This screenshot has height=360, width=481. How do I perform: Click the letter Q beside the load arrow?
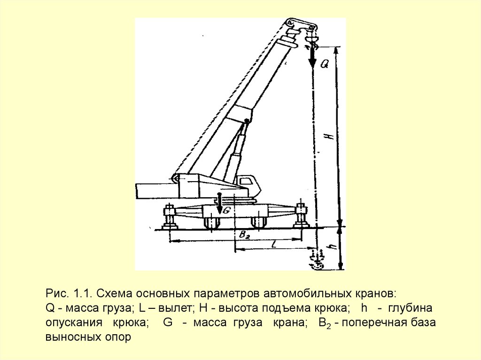[x=325, y=63]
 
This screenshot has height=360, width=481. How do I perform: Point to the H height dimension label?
[x=329, y=135]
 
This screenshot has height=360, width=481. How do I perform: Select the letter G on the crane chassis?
[x=227, y=210]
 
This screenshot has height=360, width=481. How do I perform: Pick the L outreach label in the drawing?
[x=274, y=244]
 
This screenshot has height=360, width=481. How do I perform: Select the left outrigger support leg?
[x=170, y=217]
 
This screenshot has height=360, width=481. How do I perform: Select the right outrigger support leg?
[x=300, y=215]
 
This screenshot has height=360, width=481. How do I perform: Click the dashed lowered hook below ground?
[x=317, y=260]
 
